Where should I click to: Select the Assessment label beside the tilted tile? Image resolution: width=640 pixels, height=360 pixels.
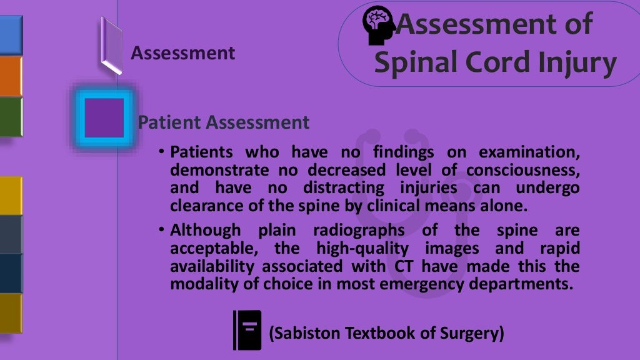click(182, 53)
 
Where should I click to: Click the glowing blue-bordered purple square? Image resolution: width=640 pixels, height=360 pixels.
click(104, 117)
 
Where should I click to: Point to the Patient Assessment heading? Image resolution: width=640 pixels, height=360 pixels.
click(224, 122)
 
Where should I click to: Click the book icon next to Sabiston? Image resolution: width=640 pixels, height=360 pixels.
click(247, 329)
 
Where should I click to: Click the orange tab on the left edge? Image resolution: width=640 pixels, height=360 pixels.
click(11, 76)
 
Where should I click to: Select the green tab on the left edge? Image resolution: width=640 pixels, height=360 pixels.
click(11, 116)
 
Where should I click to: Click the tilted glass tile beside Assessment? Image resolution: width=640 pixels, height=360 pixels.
click(111, 46)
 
